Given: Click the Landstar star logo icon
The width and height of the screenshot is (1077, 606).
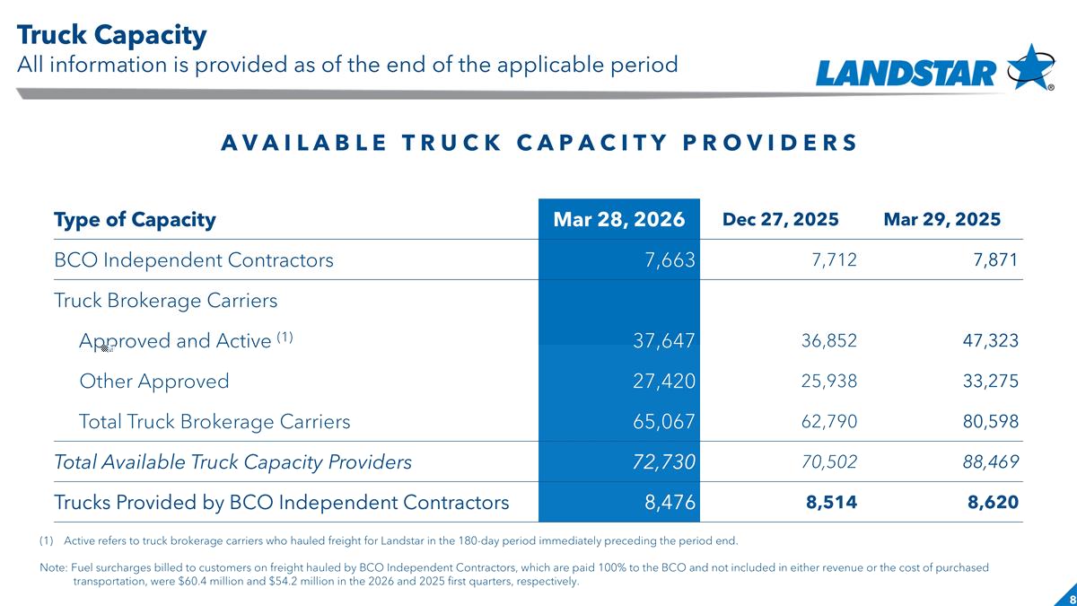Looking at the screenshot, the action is pyautogui.click(x=1030, y=67).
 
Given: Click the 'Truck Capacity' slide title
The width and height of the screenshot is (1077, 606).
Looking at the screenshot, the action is pyautogui.click(x=111, y=35).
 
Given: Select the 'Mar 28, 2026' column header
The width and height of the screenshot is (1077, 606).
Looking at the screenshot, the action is pyautogui.click(x=618, y=219).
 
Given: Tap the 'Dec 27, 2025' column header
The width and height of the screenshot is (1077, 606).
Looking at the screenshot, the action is pyautogui.click(x=780, y=219).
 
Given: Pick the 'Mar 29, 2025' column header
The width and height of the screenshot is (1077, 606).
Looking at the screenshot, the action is pyautogui.click(x=941, y=219).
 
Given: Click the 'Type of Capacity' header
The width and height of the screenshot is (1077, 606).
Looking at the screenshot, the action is pyautogui.click(x=135, y=220).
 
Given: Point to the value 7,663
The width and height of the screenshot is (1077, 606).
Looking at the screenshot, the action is pyautogui.click(x=670, y=260).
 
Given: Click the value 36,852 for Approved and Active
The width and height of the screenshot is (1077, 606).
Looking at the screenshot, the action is pyautogui.click(x=829, y=341).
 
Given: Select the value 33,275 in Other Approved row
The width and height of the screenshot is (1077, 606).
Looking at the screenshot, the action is pyautogui.click(x=991, y=382).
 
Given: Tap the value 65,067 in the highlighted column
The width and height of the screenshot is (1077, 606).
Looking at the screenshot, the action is pyautogui.click(x=664, y=422).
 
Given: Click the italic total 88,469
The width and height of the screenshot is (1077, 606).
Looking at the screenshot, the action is pyautogui.click(x=991, y=462).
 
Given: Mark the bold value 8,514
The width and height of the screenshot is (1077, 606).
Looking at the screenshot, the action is pyautogui.click(x=831, y=503).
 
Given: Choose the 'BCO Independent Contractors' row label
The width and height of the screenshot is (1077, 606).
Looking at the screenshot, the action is pyautogui.click(x=193, y=260).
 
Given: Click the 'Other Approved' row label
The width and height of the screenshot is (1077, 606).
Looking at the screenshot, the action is pyautogui.click(x=153, y=382).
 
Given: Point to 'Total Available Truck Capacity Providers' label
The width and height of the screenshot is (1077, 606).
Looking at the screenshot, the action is pyautogui.click(x=232, y=462).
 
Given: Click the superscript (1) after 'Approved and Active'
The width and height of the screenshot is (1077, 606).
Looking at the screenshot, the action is pyautogui.click(x=285, y=338).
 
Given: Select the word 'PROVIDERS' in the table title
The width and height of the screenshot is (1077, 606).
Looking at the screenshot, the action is pyautogui.click(x=770, y=143).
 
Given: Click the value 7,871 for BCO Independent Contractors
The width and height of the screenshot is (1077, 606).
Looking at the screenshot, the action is pyautogui.click(x=995, y=260).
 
